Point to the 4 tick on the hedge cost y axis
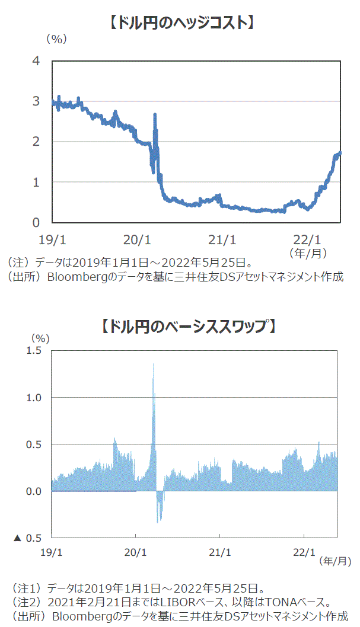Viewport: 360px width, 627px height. click(36, 60)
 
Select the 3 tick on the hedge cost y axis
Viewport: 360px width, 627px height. click(36, 101)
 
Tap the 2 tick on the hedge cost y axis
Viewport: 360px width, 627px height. click(36, 142)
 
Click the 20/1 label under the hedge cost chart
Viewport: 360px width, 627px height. click(137, 240)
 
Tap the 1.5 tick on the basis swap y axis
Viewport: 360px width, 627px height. click(34, 350)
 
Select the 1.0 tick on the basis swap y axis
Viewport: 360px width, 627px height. click(34, 397)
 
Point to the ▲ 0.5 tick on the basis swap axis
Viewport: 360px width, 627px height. click(28, 538)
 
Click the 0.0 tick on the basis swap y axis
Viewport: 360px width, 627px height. click(34, 491)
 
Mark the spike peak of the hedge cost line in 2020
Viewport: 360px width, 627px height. click(155, 114)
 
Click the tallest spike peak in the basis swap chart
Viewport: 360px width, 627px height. click(154, 364)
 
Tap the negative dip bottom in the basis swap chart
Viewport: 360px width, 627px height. click(158, 522)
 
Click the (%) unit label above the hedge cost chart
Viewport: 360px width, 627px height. click(57, 39)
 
